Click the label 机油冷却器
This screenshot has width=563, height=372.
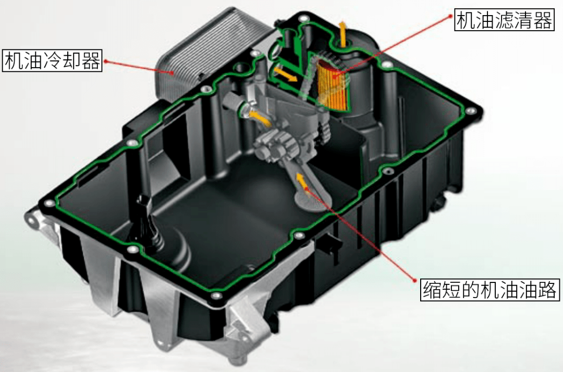coord(52,60)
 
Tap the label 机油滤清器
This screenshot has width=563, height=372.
coord(504,20)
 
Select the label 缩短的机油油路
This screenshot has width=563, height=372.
coord(489,289)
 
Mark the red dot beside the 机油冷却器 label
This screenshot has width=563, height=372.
coord(106,61)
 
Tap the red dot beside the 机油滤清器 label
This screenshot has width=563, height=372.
coord(451,16)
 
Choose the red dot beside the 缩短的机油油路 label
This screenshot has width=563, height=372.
coord(415,280)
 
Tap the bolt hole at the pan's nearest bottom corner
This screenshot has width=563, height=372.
coord(215,296)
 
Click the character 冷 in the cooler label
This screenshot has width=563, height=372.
coord(52,60)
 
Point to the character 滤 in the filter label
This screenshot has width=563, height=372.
coord(504,20)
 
